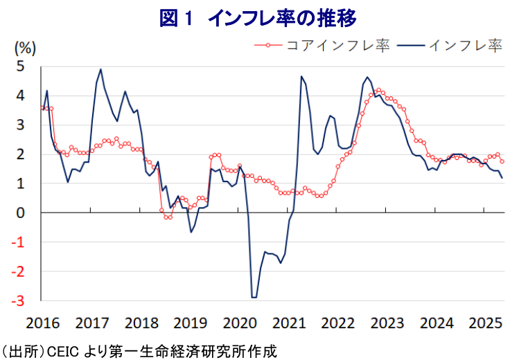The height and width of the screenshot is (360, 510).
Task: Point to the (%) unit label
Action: click(25, 48)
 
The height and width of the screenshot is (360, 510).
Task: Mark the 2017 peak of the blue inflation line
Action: click(100, 69)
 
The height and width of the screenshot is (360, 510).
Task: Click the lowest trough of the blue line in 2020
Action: click(254, 297)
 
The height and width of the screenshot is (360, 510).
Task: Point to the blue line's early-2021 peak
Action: click(301, 76)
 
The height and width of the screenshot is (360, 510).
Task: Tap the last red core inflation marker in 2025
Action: click(502, 162)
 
